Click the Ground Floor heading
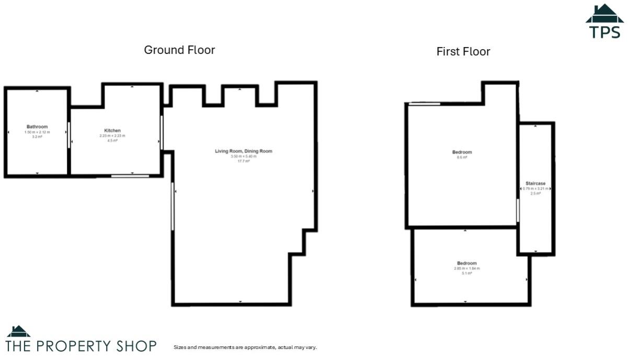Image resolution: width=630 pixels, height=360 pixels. [179, 50]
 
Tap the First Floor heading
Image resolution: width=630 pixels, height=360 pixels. [463, 52]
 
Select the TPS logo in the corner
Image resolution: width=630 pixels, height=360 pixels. [604, 22]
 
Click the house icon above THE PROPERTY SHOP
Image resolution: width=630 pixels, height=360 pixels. [18, 331]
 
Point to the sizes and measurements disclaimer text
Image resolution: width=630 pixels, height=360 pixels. [245, 347]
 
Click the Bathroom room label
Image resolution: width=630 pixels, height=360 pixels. [37, 127]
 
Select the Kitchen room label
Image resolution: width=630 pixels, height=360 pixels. [112, 131]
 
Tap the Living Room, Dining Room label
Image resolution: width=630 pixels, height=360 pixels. [244, 152]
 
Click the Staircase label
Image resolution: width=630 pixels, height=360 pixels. [535, 184]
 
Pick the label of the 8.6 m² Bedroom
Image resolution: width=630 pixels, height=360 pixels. [462, 153]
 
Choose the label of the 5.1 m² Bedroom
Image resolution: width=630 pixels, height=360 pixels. [466, 263]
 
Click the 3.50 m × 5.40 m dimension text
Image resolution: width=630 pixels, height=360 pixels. [244, 157]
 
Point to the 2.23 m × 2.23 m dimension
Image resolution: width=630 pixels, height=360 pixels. [112, 136]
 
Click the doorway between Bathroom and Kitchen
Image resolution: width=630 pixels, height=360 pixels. [69, 135]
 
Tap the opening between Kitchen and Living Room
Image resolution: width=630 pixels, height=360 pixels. [162, 132]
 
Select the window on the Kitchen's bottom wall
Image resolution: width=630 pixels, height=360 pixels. [130, 176]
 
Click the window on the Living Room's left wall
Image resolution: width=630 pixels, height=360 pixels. [173, 206]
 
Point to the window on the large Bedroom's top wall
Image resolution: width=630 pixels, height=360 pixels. [424, 104]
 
